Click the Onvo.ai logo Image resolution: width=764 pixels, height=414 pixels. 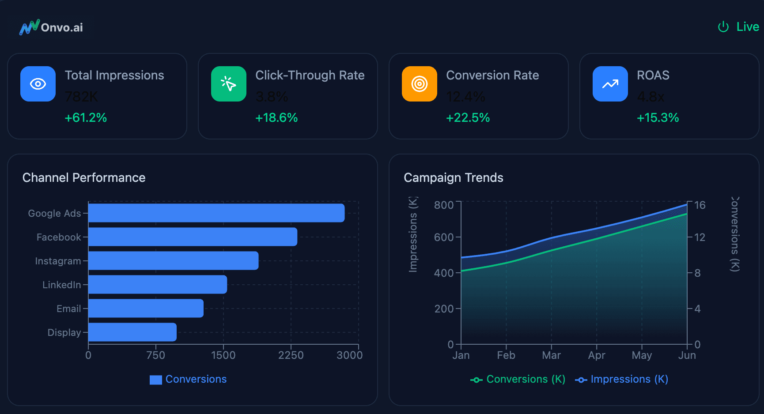tap(51, 27)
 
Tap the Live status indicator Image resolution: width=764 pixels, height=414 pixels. tap(738, 27)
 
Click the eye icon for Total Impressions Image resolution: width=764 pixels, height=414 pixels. tap(38, 84)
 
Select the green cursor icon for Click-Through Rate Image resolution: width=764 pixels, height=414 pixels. tap(229, 84)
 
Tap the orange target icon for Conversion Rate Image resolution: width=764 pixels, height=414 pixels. tap(420, 84)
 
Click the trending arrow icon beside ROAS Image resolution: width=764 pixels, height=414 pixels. tap(610, 84)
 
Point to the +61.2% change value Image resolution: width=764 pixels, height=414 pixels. tap(86, 118)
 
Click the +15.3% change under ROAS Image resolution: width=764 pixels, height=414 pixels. tap(658, 118)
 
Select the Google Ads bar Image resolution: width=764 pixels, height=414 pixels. tap(216, 213)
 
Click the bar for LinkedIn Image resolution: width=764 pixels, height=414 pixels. tap(158, 284)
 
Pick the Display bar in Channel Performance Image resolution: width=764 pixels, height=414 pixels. tap(132, 332)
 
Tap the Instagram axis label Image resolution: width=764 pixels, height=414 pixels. tap(58, 261)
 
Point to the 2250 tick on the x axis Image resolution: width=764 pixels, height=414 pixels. tap(291, 355)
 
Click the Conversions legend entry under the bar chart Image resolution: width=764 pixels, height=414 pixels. tap(189, 379)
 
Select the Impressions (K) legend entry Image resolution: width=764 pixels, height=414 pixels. tap(622, 379)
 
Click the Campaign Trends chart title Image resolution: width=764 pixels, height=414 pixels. tap(454, 177)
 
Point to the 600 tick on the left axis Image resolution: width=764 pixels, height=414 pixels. tap(444, 237)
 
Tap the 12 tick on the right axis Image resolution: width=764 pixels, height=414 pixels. tap(700, 237)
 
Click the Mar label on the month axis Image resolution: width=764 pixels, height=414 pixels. tap(551, 355)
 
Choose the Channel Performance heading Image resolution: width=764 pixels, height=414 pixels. tap(84, 177)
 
